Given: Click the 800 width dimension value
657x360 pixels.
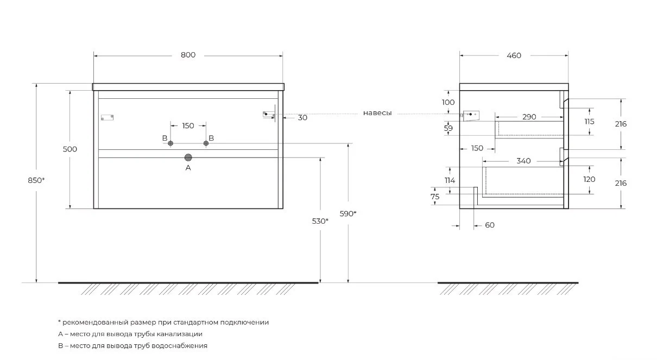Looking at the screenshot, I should coord(188,55).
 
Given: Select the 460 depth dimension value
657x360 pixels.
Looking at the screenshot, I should coord(514,55).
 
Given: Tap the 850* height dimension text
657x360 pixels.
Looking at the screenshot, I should coord(36,181).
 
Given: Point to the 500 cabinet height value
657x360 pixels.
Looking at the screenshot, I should coord(70,149).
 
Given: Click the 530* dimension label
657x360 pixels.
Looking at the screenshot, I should coord(320,221).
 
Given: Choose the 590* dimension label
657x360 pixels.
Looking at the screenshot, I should coord(348,213).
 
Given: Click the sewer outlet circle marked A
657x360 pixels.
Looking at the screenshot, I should coord(188,157).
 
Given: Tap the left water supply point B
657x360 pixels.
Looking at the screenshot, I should coord(170,143).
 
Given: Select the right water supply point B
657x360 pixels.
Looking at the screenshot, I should coord(206,143).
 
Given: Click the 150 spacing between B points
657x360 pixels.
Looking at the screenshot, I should coord(188,126).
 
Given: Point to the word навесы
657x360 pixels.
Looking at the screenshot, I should coord(377,113).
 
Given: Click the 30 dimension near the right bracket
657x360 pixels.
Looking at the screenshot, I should coord(302,117).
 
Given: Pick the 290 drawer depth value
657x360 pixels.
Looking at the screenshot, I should coord(529,117).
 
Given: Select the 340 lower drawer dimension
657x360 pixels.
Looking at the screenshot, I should coord(523,161).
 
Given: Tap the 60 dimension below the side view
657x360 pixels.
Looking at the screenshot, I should coord(489,225).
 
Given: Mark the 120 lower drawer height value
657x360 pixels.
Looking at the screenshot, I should coord(589,179).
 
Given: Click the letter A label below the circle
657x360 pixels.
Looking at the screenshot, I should coord(188,168).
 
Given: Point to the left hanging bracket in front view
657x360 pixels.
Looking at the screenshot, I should coord(108,117).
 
